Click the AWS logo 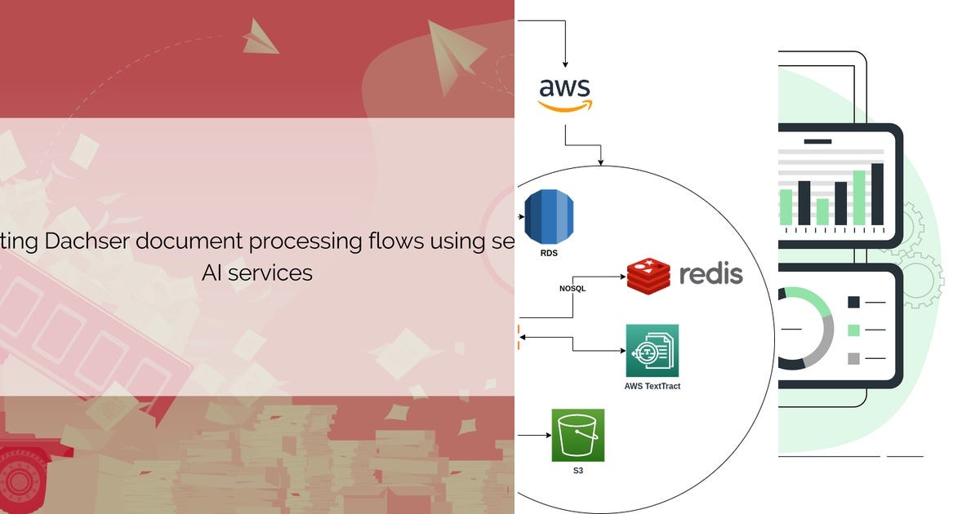tap(565, 95)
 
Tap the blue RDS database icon tap(549, 217)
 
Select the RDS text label tap(549, 253)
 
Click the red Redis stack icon tap(648, 276)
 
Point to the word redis tap(711, 273)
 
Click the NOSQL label tap(572, 289)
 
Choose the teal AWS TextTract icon tap(653, 351)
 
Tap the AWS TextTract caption tap(653, 387)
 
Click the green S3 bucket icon tap(578, 436)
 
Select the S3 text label tap(578, 471)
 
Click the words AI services tap(257, 273)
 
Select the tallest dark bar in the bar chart tap(877, 195)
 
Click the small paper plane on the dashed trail tap(261, 38)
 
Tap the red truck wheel tap(20, 481)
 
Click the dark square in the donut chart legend tap(853, 302)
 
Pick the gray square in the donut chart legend tap(853, 359)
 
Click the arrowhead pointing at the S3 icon tap(548, 436)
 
